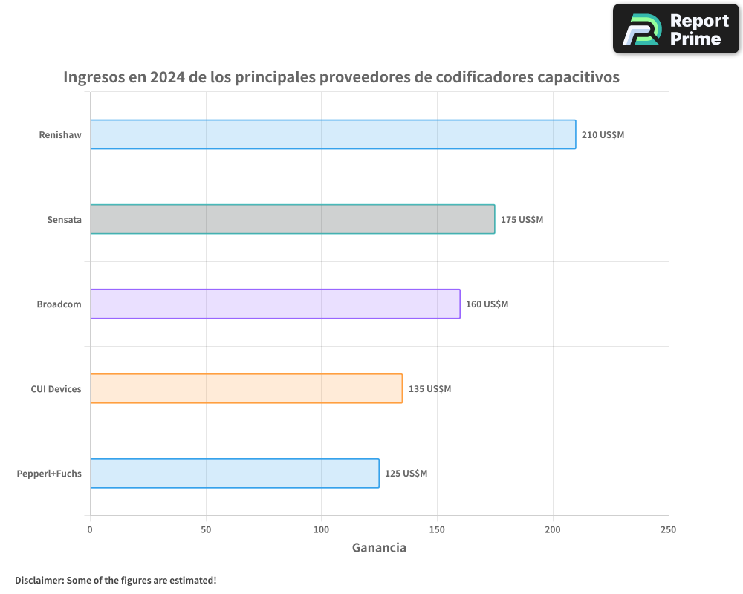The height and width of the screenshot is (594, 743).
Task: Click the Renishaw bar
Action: pos(333,134)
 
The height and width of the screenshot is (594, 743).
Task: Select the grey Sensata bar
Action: pos(292,219)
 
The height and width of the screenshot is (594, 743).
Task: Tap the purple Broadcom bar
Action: pos(275,304)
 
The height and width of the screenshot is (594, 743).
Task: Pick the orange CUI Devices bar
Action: pos(246,388)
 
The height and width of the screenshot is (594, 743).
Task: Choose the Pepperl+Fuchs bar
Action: pos(234,473)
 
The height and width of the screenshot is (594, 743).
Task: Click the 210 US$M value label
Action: pos(603,135)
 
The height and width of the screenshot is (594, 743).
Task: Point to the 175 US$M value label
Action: pos(522,220)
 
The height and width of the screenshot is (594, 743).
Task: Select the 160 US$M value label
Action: pos(487,304)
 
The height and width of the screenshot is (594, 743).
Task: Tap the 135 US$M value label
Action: pos(429,389)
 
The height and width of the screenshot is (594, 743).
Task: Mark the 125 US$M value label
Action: pos(406,474)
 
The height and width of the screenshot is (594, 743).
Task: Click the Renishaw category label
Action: pos(60,135)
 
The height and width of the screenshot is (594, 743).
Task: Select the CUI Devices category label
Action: pos(56,389)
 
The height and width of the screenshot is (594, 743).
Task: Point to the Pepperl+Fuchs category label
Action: pos(49,474)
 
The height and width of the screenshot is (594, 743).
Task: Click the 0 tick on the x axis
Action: pos(90,529)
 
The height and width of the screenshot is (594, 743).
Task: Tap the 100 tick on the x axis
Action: pos(321,529)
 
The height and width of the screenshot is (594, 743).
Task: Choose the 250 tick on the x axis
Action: pos(668,529)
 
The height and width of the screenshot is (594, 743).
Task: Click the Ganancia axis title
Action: pos(379,548)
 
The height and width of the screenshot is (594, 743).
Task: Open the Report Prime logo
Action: pos(675,29)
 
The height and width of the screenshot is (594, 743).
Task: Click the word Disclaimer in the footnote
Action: pos(38,580)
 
